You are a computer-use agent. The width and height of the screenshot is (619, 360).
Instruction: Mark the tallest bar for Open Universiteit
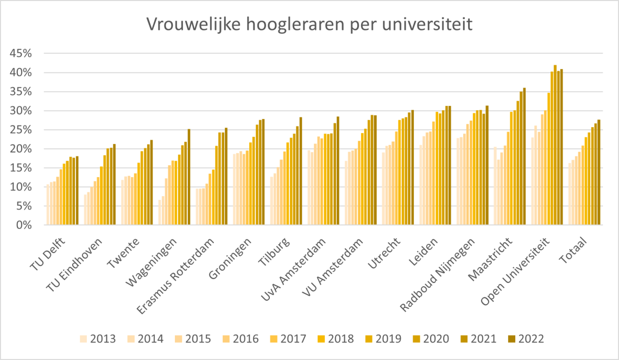(x=555, y=145)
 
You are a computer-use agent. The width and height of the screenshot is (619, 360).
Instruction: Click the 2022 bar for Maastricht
(x=524, y=156)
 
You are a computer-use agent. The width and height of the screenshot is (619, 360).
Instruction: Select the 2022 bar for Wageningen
(x=189, y=177)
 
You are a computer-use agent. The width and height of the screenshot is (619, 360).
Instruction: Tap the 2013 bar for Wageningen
(x=160, y=212)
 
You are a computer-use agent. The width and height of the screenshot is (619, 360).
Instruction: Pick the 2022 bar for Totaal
(x=599, y=172)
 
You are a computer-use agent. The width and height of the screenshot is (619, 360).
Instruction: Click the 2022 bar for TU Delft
(x=77, y=191)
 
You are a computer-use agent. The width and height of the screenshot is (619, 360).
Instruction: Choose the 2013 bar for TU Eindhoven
(x=85, y=210)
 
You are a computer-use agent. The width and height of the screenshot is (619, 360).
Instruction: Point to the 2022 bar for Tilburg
(x=301, y=171)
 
